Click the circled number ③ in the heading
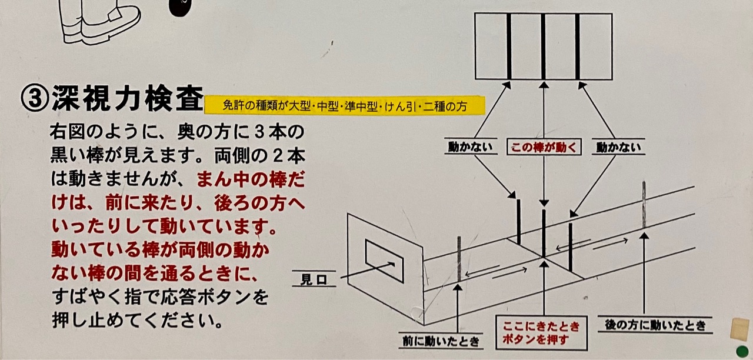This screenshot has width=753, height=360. [35, 98]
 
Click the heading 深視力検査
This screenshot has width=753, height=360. [128, 98]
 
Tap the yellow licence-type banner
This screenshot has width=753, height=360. [345, 105]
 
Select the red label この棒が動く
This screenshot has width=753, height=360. [544, 147]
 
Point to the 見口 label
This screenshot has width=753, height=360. [314, 279]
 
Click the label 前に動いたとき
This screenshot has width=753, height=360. [441, 342]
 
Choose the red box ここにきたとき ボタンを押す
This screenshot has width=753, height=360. [542, 333]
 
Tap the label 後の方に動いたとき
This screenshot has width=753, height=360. [655, 325]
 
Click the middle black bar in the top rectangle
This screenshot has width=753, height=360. [543, 46]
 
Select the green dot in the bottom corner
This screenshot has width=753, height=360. [742, 352]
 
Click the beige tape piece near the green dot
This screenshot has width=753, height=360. [739, 329]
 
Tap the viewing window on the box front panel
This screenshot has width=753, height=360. [384, 261]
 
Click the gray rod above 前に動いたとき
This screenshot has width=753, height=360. [459, 259]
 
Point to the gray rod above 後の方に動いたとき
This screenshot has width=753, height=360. [644, 205]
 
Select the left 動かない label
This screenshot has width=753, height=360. [470, 146]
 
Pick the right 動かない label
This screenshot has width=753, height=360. [618, 147]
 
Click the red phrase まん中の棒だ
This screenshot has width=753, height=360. [251, 180]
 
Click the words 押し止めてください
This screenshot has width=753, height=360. [137, 321]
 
